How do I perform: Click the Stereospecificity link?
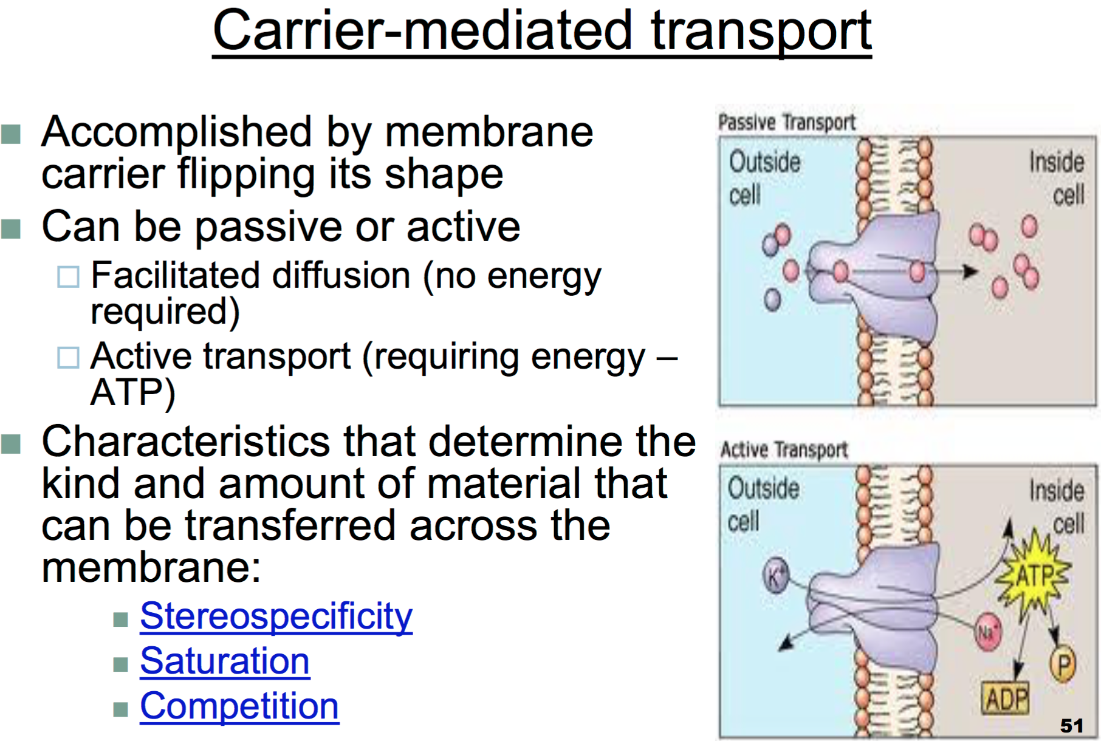point(276,616)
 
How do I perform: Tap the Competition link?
point(239,706)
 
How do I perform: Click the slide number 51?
point(1071,725)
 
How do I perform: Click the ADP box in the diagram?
point(1006,698)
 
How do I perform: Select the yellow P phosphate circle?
point(1063,664)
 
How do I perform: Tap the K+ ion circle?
point(776,574)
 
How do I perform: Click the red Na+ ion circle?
point(987,632)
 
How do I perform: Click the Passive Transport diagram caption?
point(787,122)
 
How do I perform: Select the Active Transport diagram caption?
point(784,449)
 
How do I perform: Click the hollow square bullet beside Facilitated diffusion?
point(68,276)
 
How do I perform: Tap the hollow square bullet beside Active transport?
point(68,357)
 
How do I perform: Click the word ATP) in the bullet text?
point(132,392)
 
